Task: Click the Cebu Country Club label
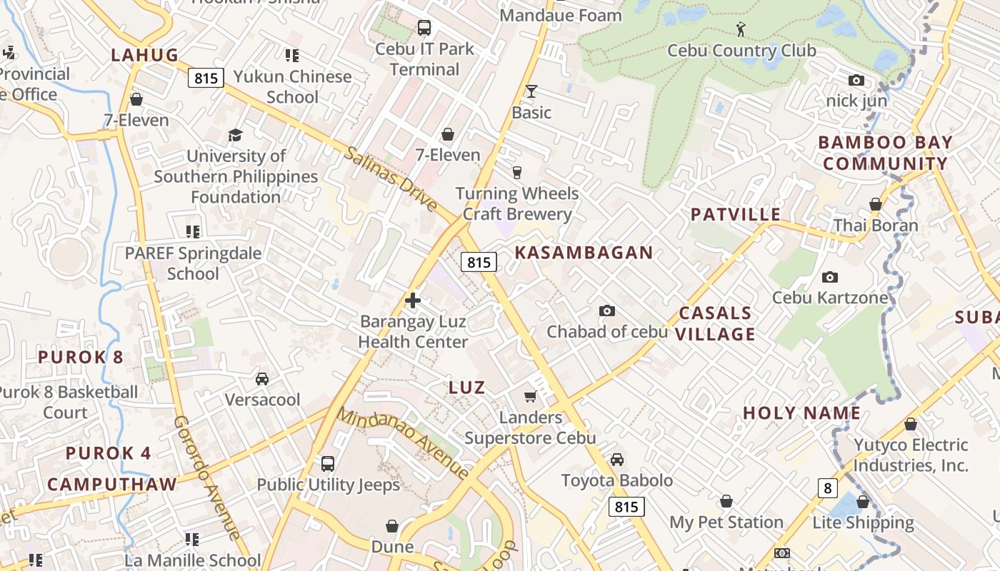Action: point(741,51)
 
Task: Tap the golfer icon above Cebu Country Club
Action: point(741,29)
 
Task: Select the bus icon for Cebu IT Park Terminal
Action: point(424,28)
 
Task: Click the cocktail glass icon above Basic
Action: point(531,91)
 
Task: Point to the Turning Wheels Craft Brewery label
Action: point(517,203)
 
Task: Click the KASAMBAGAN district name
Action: point(584,252)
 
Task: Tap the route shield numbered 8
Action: point(827,488)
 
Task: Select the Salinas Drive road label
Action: point(391,178)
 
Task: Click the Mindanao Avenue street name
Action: point(404,443)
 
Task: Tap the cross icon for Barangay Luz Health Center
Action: point(413,300)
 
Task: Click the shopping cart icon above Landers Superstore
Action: point(530,396)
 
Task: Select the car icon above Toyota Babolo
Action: point(617,460)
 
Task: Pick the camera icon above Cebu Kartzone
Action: point(829,277)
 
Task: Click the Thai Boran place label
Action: point(876,226)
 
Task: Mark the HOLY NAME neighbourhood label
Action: point(801,413)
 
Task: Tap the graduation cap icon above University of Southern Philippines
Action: point(235,135)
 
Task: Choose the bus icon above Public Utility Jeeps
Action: point(328,464)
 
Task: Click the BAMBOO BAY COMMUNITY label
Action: point(885,153)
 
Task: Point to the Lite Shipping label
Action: point(863,522)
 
